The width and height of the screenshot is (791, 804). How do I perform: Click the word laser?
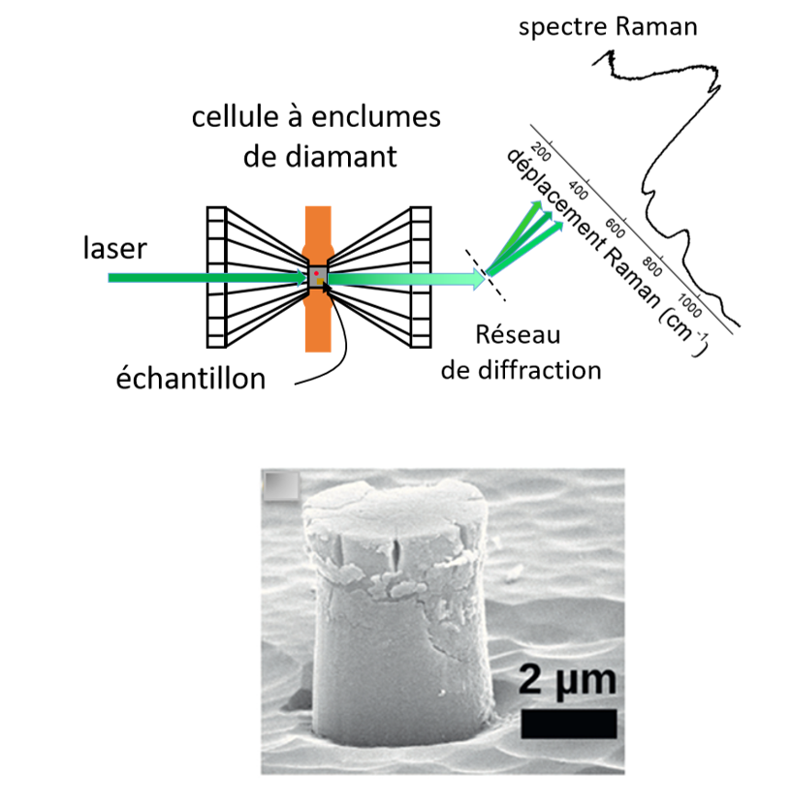[114, 249]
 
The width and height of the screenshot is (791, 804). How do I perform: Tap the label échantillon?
[188, 378]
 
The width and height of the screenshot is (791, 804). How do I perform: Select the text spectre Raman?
[608, 26]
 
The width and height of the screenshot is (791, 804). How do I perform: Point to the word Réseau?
[519, 336]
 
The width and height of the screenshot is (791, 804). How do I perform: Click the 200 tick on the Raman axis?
[542, 155]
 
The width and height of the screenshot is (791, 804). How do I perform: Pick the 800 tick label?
[650, 263]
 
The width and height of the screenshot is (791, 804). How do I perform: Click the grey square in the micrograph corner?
[280, 487]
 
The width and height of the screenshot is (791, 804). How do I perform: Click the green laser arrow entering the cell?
[204, 278]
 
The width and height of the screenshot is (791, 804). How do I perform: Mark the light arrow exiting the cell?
[407, 280]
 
